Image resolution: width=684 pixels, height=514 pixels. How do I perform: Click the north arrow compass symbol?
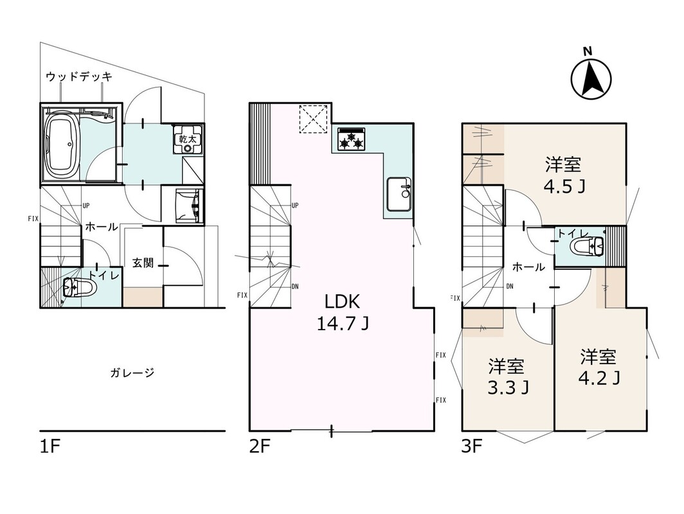click(591, 78)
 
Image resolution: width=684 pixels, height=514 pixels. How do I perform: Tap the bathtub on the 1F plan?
click(62, 146)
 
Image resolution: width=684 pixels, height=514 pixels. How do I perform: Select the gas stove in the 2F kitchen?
click(351, 138)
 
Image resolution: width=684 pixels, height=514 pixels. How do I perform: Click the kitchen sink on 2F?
click(399, 193)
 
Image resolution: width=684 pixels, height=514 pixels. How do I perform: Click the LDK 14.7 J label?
click(343, 312)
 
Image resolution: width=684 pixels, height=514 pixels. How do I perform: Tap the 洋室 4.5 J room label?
click(563, 175)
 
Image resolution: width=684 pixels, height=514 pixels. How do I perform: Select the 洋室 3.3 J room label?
click(507, 377)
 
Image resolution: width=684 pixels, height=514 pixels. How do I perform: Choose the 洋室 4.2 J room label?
click(598, 367)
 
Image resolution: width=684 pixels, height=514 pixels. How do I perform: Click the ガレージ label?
click(132, 373)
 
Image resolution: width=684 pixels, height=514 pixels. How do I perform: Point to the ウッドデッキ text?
click(79, 76)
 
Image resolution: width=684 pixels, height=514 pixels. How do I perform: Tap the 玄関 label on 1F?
click(143, 263)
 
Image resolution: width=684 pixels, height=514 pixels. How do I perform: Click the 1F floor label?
click(50, 447)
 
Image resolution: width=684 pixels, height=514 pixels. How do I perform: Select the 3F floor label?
click(472, 447)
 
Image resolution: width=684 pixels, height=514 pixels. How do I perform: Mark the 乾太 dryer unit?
click(188, 139)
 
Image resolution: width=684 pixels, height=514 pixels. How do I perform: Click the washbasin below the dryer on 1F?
click(190, 206)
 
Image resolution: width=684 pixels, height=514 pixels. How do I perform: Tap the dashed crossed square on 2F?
click(313, 119)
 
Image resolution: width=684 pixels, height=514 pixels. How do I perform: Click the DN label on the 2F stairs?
click(295, 287)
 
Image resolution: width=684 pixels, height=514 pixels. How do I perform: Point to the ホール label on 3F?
click(528, 267)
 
